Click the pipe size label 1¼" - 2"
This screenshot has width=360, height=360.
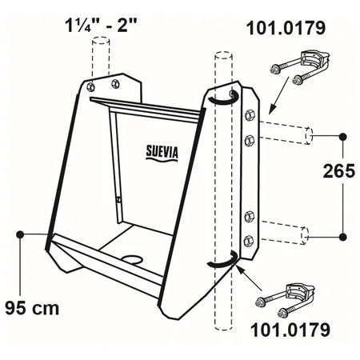tap(101, 26)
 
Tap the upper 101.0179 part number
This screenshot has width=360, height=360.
tap(286, 28)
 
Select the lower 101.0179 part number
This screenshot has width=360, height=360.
tap(290, 330)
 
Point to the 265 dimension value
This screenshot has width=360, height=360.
tap(339, 171)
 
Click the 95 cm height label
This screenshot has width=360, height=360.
tap(32, 308)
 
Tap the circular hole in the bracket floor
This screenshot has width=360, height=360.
tap(132, 259)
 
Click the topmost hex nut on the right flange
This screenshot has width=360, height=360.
tap(249, 116)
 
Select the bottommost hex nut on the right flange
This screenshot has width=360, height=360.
tap(249, 241)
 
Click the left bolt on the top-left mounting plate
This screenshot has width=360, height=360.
tap(90, 87)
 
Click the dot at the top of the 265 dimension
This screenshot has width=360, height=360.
tap(343, 137)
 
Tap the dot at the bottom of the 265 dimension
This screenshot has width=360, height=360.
tap(343, 237)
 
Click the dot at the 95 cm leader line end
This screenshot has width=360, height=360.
tap(20, 234)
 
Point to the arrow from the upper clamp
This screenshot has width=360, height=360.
tap(279, 95)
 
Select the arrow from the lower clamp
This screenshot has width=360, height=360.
tap(249, 278)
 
